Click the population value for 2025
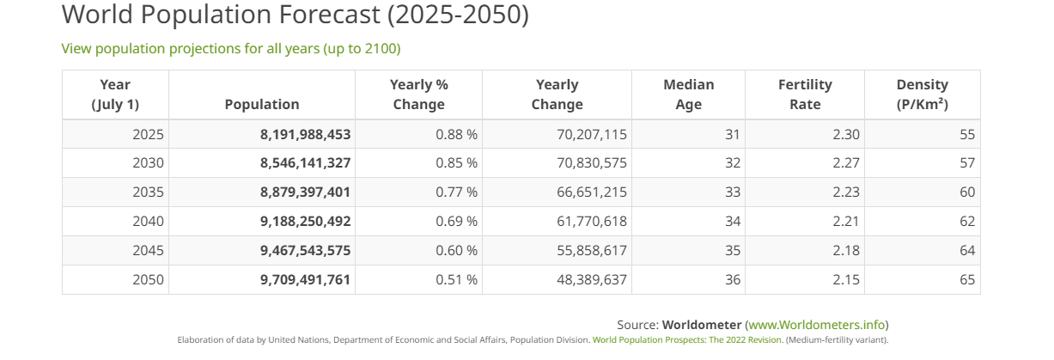306,135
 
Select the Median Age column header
688,95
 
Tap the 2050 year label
149,279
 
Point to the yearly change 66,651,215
592,192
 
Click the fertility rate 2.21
846,221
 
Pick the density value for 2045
967,250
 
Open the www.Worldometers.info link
817,325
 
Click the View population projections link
231,48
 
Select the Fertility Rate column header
805,95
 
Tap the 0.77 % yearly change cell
456,192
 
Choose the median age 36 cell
733,279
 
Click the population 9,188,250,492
306,221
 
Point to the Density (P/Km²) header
923,95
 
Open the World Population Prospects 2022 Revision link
686,339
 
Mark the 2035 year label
149,192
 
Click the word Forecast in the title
329,14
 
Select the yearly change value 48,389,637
592,279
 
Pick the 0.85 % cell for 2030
456,163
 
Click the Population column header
262,104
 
